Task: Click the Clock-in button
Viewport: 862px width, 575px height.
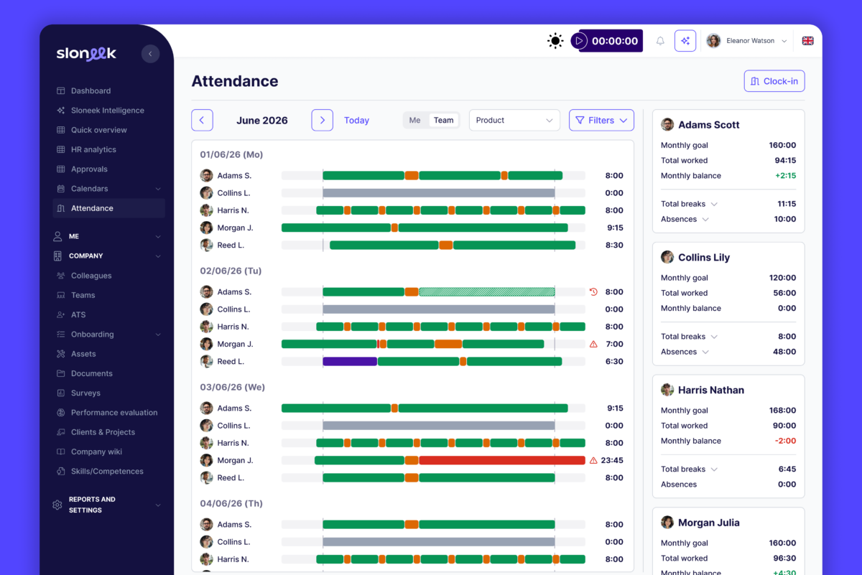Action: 774,81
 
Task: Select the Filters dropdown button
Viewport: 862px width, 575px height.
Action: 601,121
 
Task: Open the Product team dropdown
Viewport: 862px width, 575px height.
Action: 514,121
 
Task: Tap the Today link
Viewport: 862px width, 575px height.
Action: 356,121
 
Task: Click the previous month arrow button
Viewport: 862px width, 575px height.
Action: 202,121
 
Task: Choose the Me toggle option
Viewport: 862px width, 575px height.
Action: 414,121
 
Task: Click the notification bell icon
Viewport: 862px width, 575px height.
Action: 660,41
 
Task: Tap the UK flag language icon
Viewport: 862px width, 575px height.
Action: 807,41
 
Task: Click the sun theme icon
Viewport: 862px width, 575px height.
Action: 555,41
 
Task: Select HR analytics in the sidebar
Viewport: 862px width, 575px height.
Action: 93,149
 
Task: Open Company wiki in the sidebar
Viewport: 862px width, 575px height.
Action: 96,452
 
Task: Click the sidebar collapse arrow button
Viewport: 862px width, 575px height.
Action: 150,54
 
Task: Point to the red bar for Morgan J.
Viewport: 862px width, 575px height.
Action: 502,460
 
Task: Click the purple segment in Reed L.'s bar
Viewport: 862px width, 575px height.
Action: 350,362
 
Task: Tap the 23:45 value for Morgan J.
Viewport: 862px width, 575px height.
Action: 612,460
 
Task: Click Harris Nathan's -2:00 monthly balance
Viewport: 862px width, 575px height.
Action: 785,441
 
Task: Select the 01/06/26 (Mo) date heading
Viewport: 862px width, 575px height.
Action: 231,154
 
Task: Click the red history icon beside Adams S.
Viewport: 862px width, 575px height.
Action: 593,292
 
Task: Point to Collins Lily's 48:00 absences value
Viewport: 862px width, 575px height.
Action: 784,352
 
